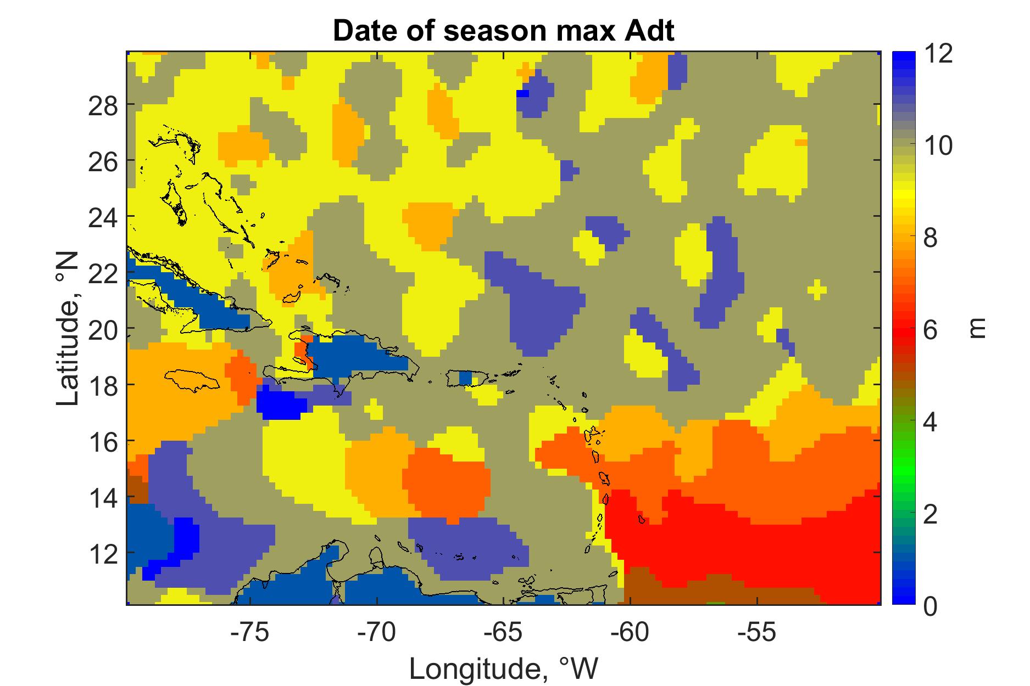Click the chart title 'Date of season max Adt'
coord(503,32)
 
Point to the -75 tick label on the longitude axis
coord(250,633)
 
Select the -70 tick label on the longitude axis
coord(377,633)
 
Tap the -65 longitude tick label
coord(504,633)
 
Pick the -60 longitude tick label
coord(630,633)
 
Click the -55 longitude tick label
coord(757,633)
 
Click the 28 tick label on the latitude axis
coord(103,104)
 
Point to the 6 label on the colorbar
coord(932,330)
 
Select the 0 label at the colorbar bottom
coord(932,607)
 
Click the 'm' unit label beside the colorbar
coord(977,329)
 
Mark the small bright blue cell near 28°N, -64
coord(522,93)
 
